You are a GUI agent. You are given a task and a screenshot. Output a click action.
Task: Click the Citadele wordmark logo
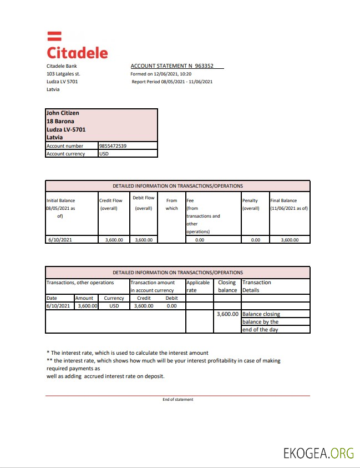tap(77, 53)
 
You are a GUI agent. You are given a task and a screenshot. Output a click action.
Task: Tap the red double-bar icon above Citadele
tap(54, 36)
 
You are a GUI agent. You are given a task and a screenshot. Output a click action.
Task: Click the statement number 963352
tap(204, 66)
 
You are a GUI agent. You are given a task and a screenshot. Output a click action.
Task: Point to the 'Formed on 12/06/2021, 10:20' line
tap(161, 74)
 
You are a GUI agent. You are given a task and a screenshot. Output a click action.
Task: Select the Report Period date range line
tap(172, 82)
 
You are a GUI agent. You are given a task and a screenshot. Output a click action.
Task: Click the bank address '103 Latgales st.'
tap(63, 74)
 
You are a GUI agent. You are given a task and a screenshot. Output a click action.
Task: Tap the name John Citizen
tap(63, 113)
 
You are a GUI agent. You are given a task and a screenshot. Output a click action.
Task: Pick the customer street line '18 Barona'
tap(60, 121)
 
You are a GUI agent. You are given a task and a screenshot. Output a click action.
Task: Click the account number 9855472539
tap(113, 146)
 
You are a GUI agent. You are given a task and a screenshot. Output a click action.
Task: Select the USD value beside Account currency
tap(104, 154)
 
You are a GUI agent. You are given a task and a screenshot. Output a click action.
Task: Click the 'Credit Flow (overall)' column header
tap(110, 204)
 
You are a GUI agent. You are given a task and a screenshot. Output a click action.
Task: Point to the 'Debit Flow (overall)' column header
tap(143, 203)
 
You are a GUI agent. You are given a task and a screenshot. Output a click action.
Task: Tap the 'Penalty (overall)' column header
tap(251, 204)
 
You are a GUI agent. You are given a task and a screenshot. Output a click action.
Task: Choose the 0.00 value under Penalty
tap(255, 240)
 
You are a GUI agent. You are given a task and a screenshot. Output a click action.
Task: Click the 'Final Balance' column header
tap(288, 204)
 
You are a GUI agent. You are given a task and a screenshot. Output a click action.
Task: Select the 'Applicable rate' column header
tap(199, 286)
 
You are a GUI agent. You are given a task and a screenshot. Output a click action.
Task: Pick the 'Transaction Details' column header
tap(257, 286)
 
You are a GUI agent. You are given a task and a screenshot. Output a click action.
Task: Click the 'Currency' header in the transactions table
tap(114, 298)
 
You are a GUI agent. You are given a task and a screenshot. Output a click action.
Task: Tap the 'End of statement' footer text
tap(178, 400)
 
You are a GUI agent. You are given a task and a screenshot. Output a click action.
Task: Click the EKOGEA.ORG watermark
tap(318, 452)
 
